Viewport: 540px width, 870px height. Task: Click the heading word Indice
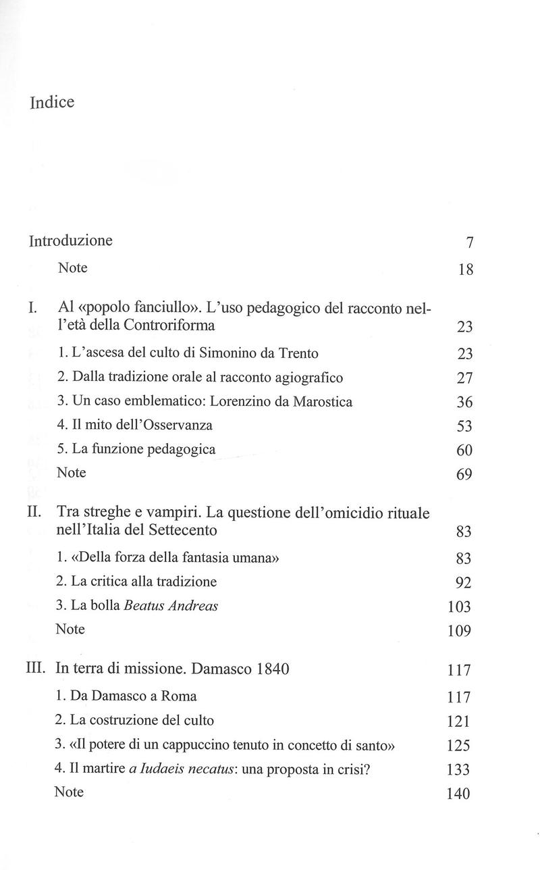click(x=52, y=103)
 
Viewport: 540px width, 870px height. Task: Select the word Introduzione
click(x=71, y=241)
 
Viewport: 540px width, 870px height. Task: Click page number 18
click(x=465, y=270)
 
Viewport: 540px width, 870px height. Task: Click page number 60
click(x=464, y=451)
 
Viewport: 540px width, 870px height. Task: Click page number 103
click(x=460, y=607)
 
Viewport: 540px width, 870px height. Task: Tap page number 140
click(x=459, y=794)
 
